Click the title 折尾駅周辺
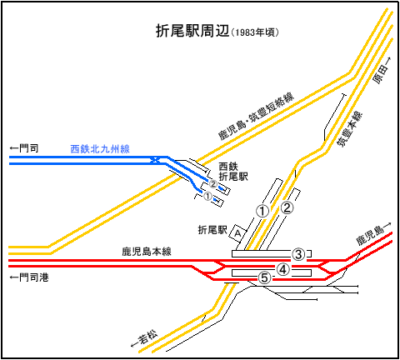tap(192, 31)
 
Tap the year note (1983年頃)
tap(255, 32)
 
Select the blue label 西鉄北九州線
tap(100, 149)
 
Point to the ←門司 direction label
tap(24, 148)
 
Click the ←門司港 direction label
tap(29, 277)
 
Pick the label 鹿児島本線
tap(147, 252)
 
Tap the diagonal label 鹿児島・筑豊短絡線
tap(256, 117)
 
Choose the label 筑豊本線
tap(350, 129)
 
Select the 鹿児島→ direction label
tap(374, 234)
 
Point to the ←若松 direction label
tap(144, 338)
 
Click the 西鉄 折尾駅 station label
tap(233, 172)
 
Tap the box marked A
tap(237, 233)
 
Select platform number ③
tap(298, 254)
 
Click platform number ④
tap(282, 269)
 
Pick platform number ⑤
tap(264, 277)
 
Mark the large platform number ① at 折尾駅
tap(262, 211)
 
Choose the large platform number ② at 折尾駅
tap(287, 207)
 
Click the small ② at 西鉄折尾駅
tap(213, 184)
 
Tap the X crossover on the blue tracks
tap(155, 160)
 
